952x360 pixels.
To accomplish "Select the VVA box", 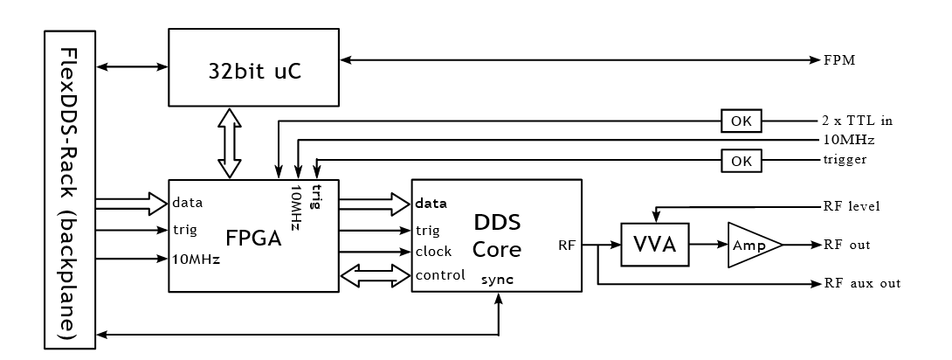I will tap(654, 245).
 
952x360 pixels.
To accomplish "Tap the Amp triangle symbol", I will tap(751, 245).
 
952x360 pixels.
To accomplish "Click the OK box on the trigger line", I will tap(741, 160).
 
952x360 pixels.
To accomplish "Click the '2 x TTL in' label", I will tap(856, 119).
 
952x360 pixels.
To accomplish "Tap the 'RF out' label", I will tap(847, 245).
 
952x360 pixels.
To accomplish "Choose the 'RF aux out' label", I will tap(862, 284).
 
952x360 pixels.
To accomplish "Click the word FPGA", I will tap(253, 237).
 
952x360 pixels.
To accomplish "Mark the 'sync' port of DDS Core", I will tap(497, 280).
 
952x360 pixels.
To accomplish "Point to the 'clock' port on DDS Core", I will tap(433, 252).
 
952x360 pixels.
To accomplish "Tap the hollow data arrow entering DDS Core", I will tap(375, 204).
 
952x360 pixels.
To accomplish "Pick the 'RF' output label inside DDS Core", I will tap(566, 246).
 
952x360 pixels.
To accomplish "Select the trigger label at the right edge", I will tap(844, 160).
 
